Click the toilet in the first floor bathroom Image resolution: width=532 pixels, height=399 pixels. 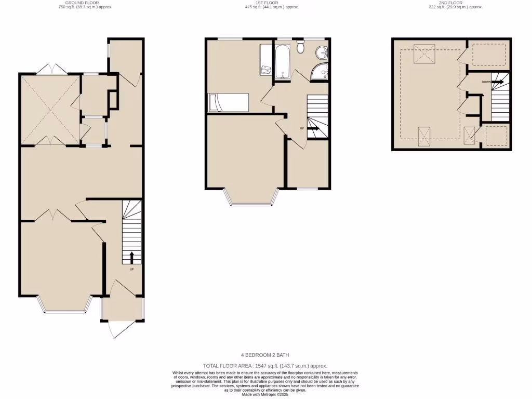click(x=300, y=48)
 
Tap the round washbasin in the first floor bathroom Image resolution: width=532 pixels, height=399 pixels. click(x=322, y=52)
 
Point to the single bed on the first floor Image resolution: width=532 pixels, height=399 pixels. click(x=228, y=102)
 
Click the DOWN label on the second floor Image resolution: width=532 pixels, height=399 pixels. click(x=486, y=82)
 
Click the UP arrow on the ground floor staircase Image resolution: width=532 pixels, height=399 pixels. click(x=131, y=257)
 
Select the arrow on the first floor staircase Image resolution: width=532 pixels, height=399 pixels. click(x=314, y=127)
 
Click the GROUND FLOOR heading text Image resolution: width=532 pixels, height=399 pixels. click(x=86, y=3)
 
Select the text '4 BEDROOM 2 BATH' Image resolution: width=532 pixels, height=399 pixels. click(x=265, y=355)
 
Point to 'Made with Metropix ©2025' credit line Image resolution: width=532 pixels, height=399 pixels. click(x=265, y=395)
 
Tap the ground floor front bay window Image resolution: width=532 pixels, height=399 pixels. click(x=65, y=311)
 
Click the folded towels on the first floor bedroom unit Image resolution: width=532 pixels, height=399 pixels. click(x=267, y=70)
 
